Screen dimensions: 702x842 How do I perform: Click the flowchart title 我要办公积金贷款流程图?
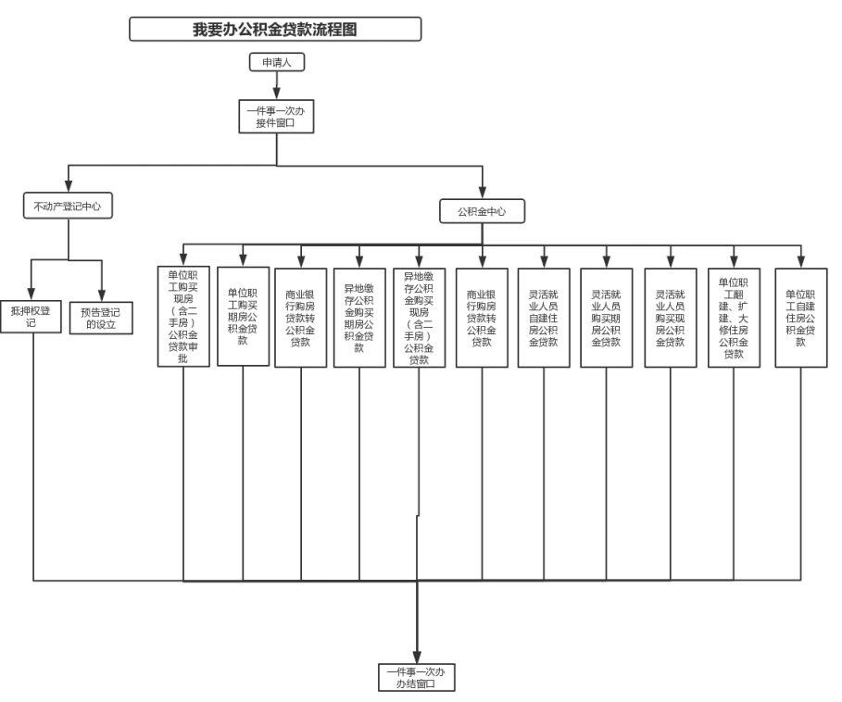pyautogui.click(x=275, y=30)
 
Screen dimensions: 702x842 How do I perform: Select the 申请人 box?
pyautogui.click(x=276, y=62)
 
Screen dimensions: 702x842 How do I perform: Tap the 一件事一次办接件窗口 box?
pyautogui.click(x=276, y=116)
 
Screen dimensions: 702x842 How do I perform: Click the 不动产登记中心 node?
pyautogui.click(x=67, y=207)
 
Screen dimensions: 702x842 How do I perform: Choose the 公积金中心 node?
pyautogui.click(x=482, y=211)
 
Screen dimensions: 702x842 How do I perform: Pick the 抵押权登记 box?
pyautogui.click(x=31, y=316)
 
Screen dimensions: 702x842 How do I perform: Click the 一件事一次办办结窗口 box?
pyautogui.click(x=416, y=677)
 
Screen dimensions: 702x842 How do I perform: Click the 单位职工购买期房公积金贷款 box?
pyautogui.click(x=243, y=316)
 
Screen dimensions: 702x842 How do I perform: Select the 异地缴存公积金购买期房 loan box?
pyautogui.click(x=359, y=318)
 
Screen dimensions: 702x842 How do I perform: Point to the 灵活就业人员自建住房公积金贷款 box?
pyautogui.click(x=544, y=317)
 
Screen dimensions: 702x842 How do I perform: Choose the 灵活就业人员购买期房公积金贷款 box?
pyautogui.click(x=607, y=317)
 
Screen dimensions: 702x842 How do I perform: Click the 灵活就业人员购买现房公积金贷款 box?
pyautogui.click(x=670, y=317)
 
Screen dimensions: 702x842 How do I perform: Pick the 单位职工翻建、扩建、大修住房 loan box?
pyautogui.click(x=734, y=317)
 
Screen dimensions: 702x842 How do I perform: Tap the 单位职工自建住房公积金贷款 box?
pyautogui.click(x=801, y=317)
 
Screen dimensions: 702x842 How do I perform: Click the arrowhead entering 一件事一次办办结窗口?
pyautogui.click(x=417, y=658)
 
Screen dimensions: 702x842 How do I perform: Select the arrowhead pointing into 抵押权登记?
pyautogui.click(x=31, y=294)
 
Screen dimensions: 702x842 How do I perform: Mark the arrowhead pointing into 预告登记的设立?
pyautogui.click(x=101, y=295)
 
